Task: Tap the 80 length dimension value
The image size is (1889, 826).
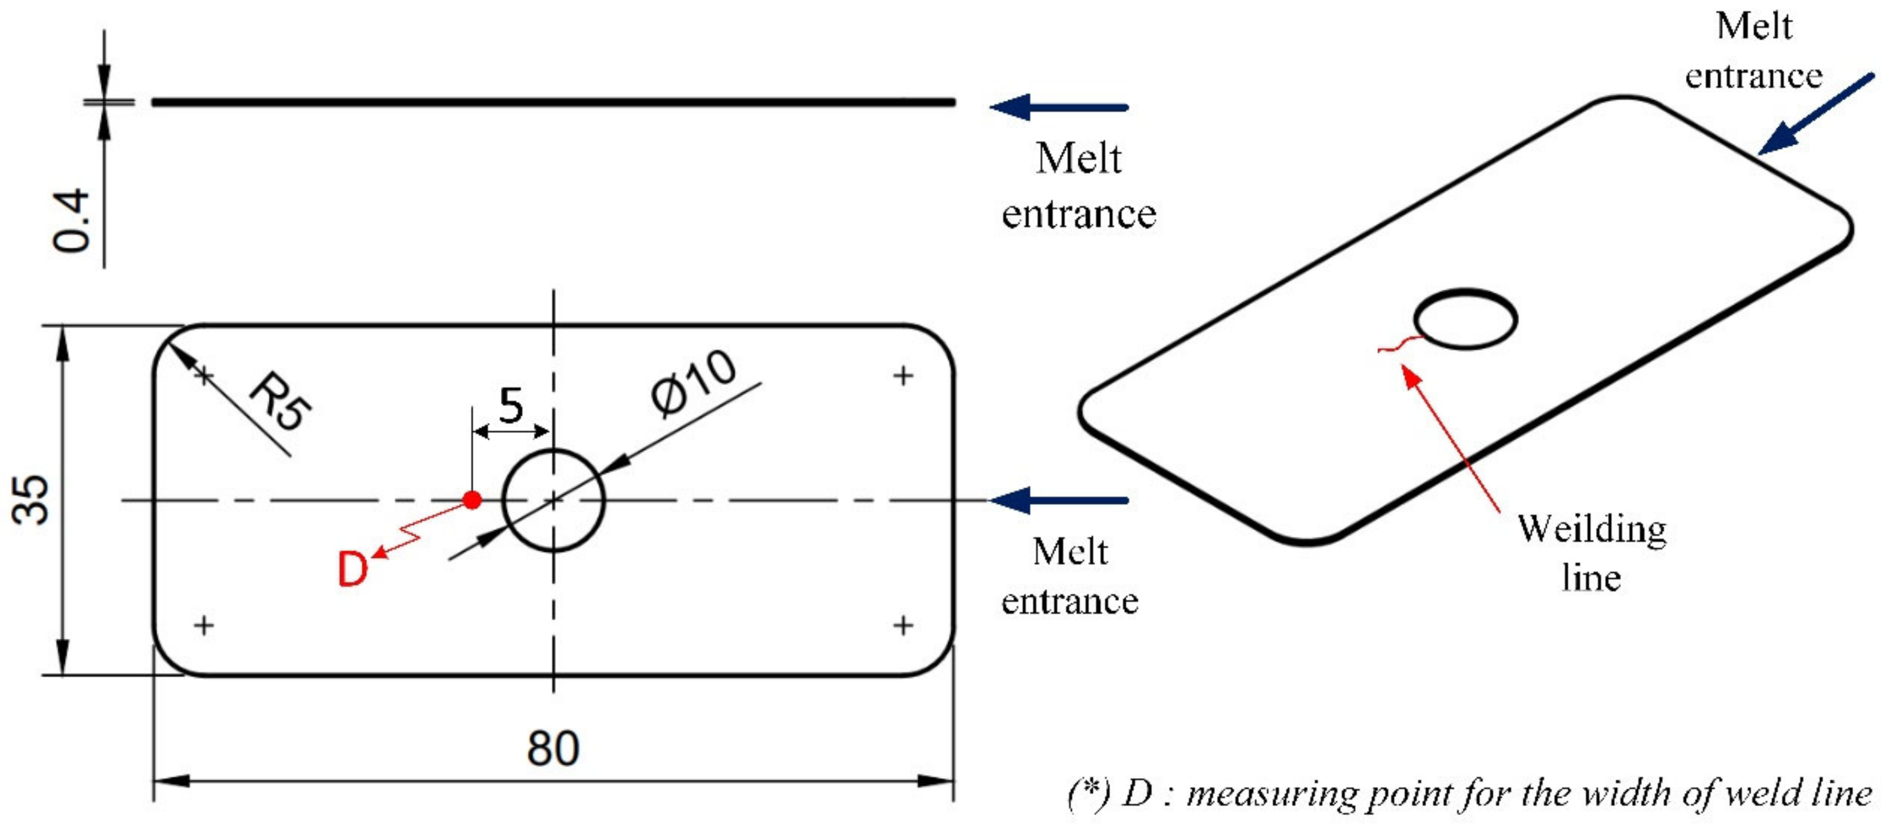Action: click(553, 749)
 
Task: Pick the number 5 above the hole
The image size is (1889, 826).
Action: click(511, 405)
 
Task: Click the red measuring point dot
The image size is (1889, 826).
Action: click(472, 501)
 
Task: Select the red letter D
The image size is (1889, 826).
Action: click(352, 569)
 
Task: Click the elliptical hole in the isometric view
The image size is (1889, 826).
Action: click(1465, 319)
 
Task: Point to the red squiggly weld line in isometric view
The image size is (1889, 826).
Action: click(1401, 344)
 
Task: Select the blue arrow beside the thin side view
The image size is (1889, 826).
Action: click(1059, 107)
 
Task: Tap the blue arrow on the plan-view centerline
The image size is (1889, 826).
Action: click(1059, 501)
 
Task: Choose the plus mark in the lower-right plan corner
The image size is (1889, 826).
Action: click(903, 625)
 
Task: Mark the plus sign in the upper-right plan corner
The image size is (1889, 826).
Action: click(903, 376)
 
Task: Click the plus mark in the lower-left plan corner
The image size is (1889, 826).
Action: click(204, 625)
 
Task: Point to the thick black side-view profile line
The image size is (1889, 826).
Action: click(553, 102)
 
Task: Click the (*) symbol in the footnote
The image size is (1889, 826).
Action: click(1088, 792)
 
